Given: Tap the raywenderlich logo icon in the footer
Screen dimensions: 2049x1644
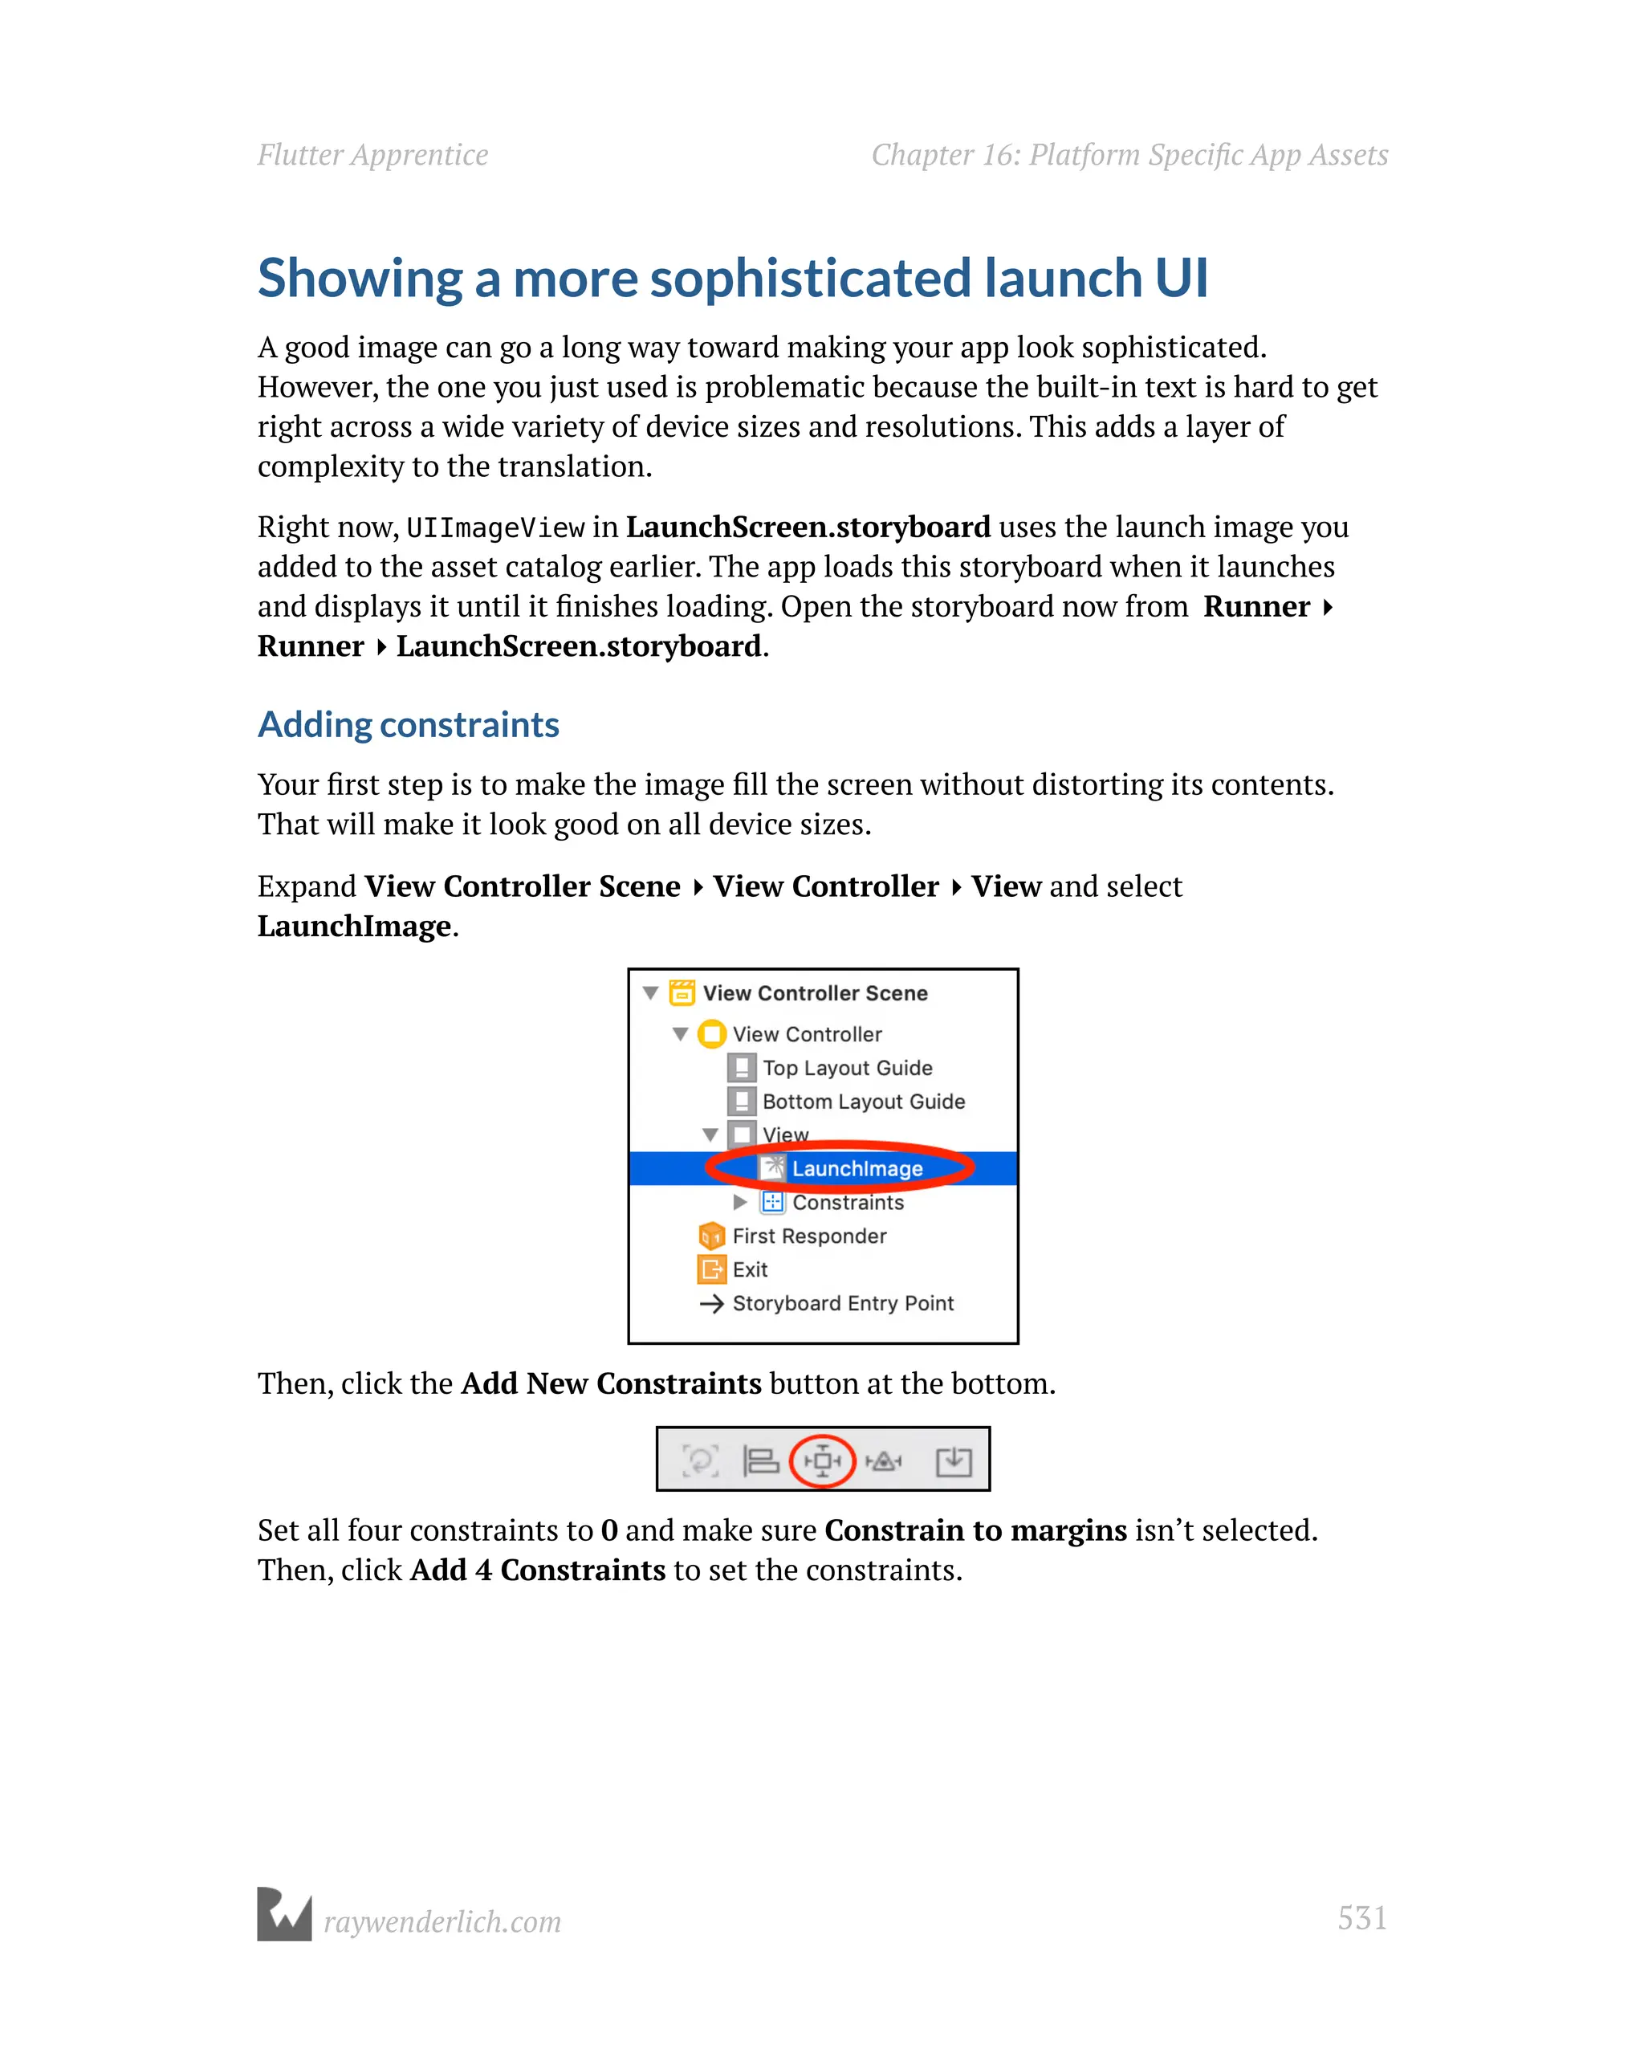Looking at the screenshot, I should (x=284, y=1913).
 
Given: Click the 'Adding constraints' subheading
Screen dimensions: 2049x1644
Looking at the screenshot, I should (x=409, y=725).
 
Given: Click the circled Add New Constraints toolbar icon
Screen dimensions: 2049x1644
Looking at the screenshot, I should (x=822, y=1460).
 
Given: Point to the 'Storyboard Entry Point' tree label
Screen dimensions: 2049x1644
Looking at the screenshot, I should (x=843, y=1303).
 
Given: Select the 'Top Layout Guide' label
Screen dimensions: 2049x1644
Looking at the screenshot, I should (x=847, y=1067).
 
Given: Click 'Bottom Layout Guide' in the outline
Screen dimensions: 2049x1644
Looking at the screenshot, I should (x=863, y=1102).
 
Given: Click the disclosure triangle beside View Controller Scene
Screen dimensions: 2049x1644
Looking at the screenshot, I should (x=651, y=993).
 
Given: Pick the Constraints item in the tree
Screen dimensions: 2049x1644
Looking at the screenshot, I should (x=848, y=1202).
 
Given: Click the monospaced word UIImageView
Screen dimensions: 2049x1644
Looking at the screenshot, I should (x=495, y=528).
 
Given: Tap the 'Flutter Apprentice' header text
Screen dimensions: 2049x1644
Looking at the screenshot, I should (x=372, y=155).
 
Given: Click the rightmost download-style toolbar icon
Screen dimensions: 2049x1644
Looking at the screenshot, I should (x=953, y=1460).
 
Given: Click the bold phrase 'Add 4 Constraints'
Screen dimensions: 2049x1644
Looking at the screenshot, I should (x=538, y=1570).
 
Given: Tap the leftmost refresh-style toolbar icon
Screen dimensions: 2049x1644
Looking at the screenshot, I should (x=700, y=1460).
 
